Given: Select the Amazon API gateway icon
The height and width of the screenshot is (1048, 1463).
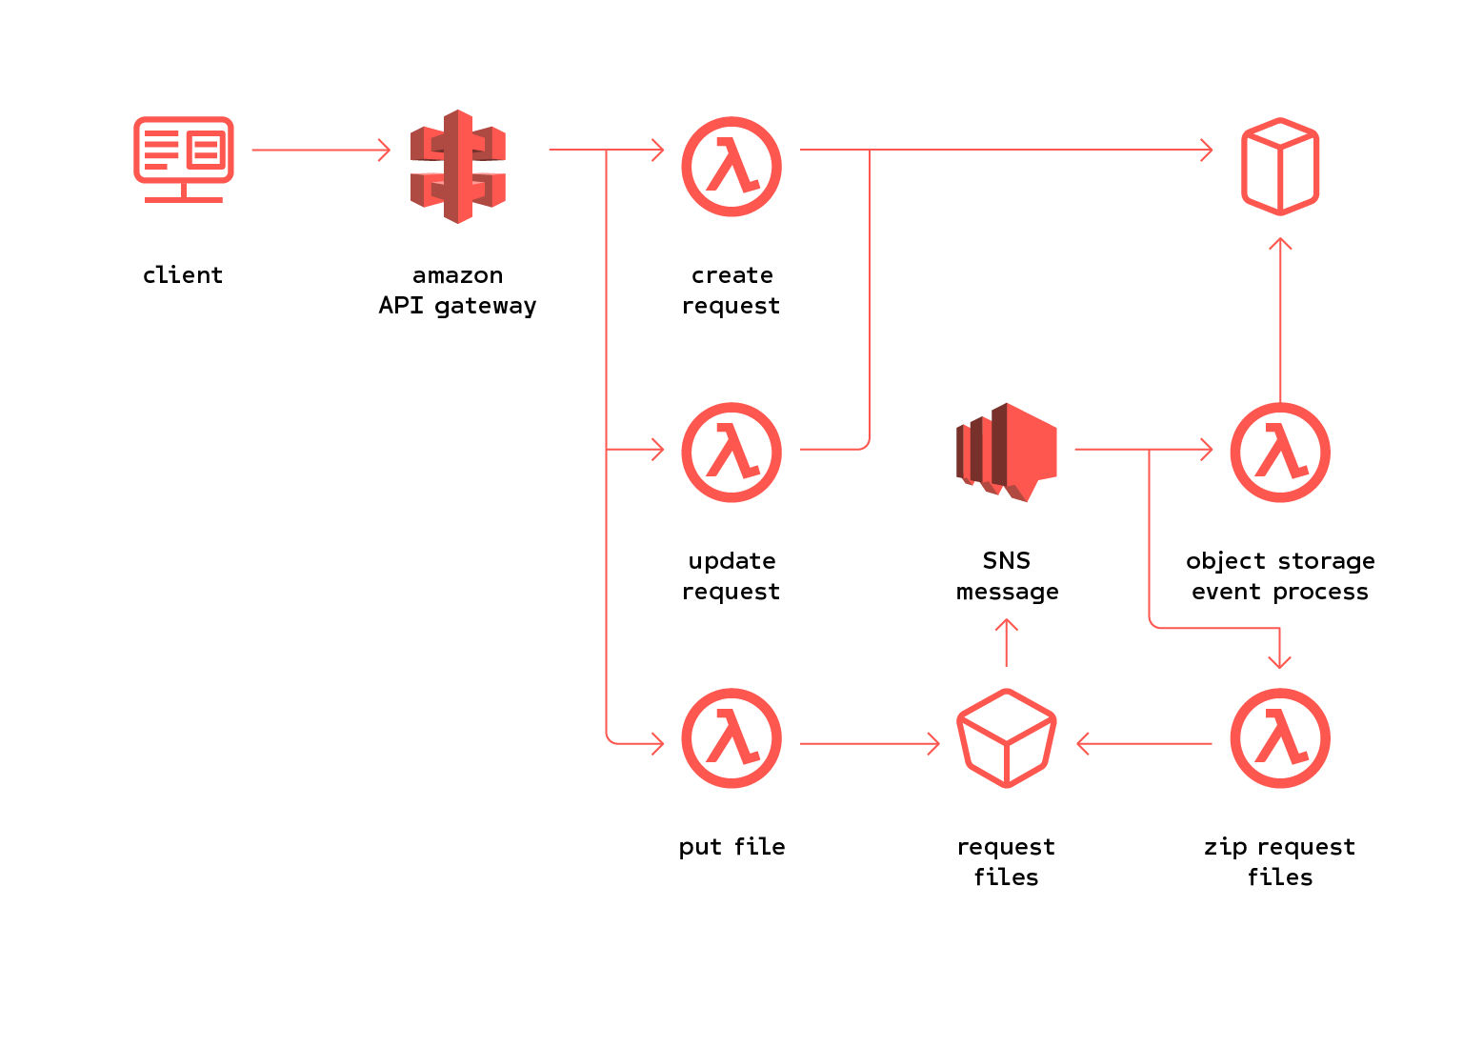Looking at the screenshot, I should (458, 167).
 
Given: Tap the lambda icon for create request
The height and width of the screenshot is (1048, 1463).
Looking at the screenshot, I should (731, 167).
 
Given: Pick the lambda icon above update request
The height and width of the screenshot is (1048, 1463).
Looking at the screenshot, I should (731, 453).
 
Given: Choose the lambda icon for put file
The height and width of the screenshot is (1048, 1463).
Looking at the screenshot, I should (731, 738).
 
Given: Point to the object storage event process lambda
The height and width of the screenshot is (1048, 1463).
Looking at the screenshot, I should (1280, 453).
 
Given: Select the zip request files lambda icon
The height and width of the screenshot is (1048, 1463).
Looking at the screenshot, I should (1280, 738).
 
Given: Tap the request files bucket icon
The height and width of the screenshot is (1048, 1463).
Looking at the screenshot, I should (1007, 738).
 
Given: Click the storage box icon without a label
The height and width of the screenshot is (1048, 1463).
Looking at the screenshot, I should (1280, 167).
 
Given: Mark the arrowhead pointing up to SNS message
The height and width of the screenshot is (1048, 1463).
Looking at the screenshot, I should (1007, 627).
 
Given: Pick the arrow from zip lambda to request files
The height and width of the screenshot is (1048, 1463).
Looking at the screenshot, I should (1143, 743).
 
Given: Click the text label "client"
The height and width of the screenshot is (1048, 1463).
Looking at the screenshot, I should (183, 275).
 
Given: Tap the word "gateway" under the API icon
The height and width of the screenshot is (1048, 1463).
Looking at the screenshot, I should (486, 306).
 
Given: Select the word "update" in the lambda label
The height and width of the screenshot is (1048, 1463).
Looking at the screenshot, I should (731, 561).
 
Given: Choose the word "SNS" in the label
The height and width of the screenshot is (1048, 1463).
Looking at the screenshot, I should (1007, 560).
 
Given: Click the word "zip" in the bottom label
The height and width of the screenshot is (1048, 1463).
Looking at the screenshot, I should (1225, 847).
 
